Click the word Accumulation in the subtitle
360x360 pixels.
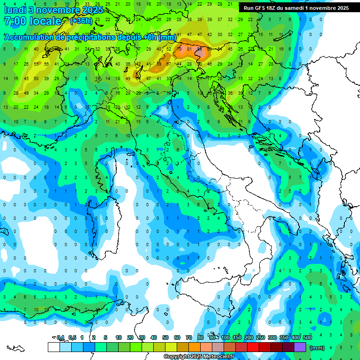click(x=29, y=37)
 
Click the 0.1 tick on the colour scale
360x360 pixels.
click(x=60, y=337)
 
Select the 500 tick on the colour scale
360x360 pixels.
click(x=307, y=337)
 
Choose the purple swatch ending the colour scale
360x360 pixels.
click(x=300, y=347)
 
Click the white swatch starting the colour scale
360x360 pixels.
click(x=53, y=347)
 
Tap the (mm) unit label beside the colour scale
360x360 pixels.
click(x=317, y=348)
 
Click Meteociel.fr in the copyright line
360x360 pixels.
click(x=222, y=357)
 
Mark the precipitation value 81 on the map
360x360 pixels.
click(x=189, y=49)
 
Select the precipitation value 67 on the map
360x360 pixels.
click(x=169, y=64)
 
